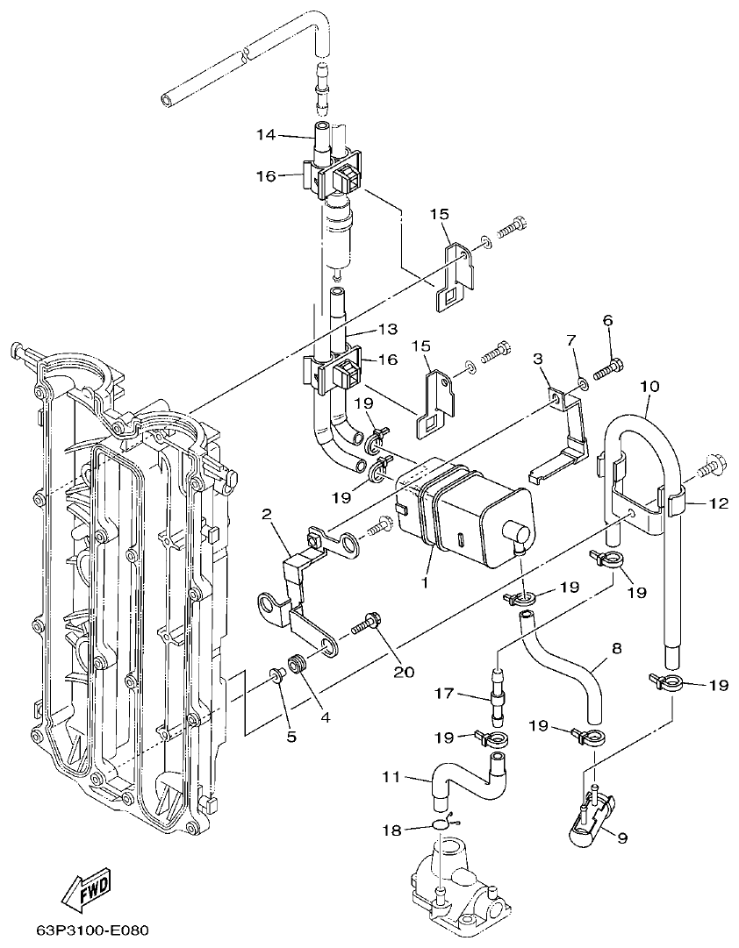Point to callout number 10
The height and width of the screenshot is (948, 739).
point(649,386)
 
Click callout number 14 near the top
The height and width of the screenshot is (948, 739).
point(266,135)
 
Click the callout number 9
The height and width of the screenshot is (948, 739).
point(621,838)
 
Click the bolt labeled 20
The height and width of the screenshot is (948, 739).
point(367,625)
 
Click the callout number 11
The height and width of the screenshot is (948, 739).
point(391,776)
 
